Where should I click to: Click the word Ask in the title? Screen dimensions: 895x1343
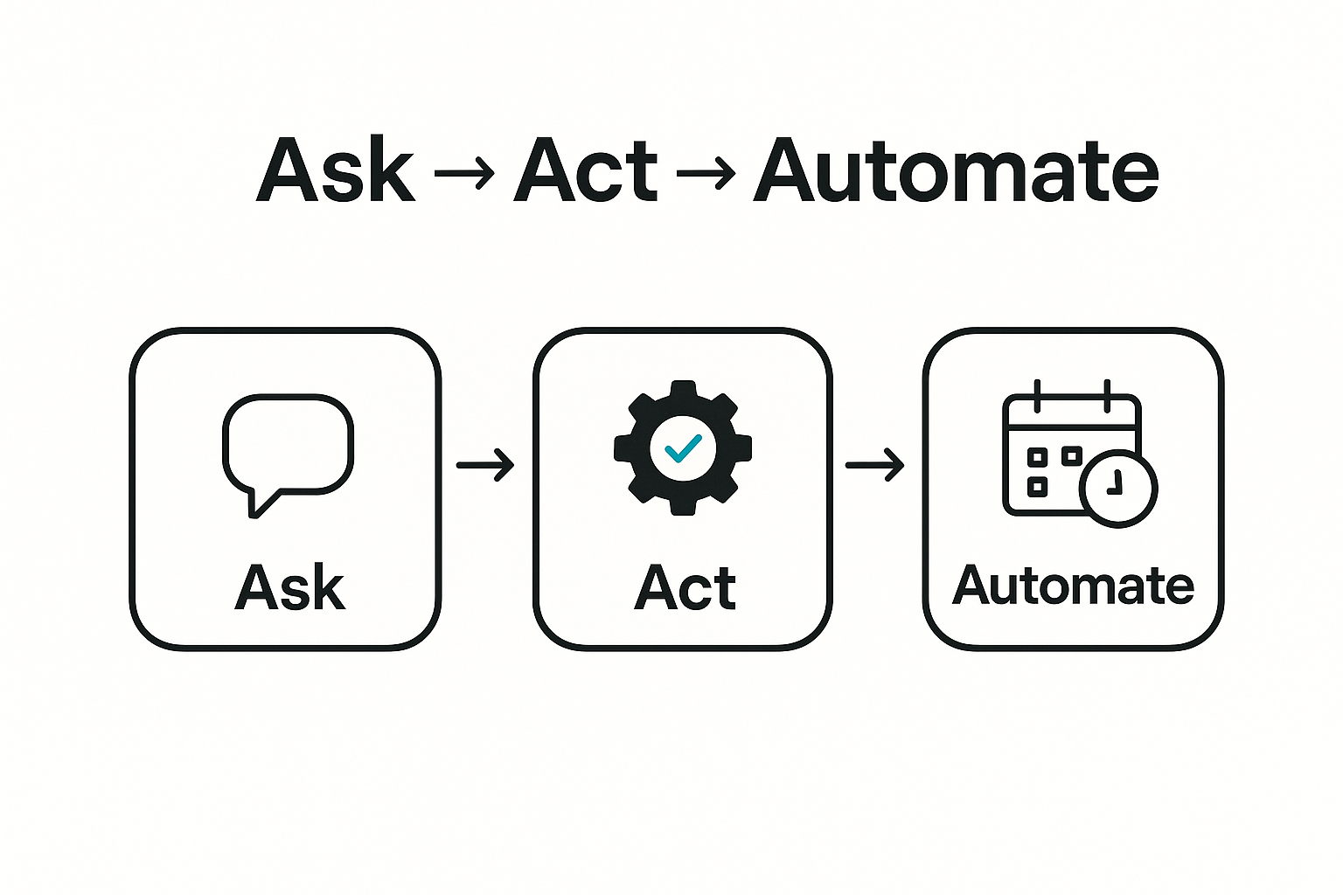click(335, 170)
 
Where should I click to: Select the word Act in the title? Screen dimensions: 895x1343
click(585, 170)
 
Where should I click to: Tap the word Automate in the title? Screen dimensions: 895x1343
click(955, 170)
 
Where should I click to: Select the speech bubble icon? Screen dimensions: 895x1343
click(288, 446)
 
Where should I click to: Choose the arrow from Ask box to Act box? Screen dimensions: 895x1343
click(485, 465)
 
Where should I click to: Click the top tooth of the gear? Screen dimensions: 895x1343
click(682, 390)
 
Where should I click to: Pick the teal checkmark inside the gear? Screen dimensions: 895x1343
click(682, 448)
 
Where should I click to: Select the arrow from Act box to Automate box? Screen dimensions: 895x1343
click(874, 465)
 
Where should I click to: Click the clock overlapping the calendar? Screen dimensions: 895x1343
click(1118, 488)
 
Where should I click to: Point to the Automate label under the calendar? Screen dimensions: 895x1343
click(1073, 585)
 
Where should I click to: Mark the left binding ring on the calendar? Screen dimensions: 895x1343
click(1037, 396)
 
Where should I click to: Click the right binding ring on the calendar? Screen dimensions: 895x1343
click(1106, 396)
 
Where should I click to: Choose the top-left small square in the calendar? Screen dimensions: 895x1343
click(1037, 456)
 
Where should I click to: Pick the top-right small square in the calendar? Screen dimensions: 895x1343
click(1071, 456)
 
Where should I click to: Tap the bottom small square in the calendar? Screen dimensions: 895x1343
click(1037, 487)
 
